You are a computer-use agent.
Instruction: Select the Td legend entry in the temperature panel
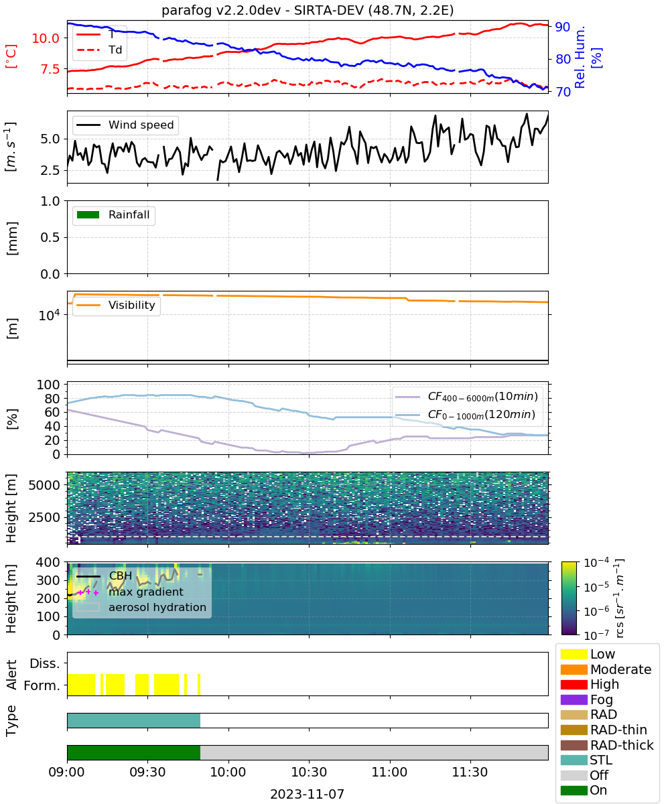(x=99, y=50)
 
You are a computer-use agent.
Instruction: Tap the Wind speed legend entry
(x=125, y=125)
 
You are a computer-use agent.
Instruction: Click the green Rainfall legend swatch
(x=88, y=215)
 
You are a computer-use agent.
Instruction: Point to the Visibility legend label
(x=132, y=305)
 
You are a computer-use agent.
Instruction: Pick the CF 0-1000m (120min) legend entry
(x=466, y=415)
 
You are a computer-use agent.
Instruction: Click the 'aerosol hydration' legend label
(x=157, y=607)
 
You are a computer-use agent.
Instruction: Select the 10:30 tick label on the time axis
(x=309, y=772)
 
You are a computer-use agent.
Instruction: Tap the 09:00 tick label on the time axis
(x=66, y=772)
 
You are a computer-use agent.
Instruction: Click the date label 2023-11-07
(x=307, y=794)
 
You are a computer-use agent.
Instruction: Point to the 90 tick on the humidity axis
(x=562, y=27)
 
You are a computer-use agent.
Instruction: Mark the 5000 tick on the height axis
(x=44, y=485)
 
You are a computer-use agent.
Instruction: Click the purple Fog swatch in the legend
(x=574, y=699)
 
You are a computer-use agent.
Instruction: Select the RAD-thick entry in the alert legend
(x=607, y=745)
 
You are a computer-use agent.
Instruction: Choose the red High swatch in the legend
(x=574, y=684)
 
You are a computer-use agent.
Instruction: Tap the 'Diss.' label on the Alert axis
(x=45, y=663)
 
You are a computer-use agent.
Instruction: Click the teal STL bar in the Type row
(x=133, y=720)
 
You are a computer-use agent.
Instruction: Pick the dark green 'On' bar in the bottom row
(x=133, y=753)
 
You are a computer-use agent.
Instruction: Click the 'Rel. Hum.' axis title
(x=580, y=57)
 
